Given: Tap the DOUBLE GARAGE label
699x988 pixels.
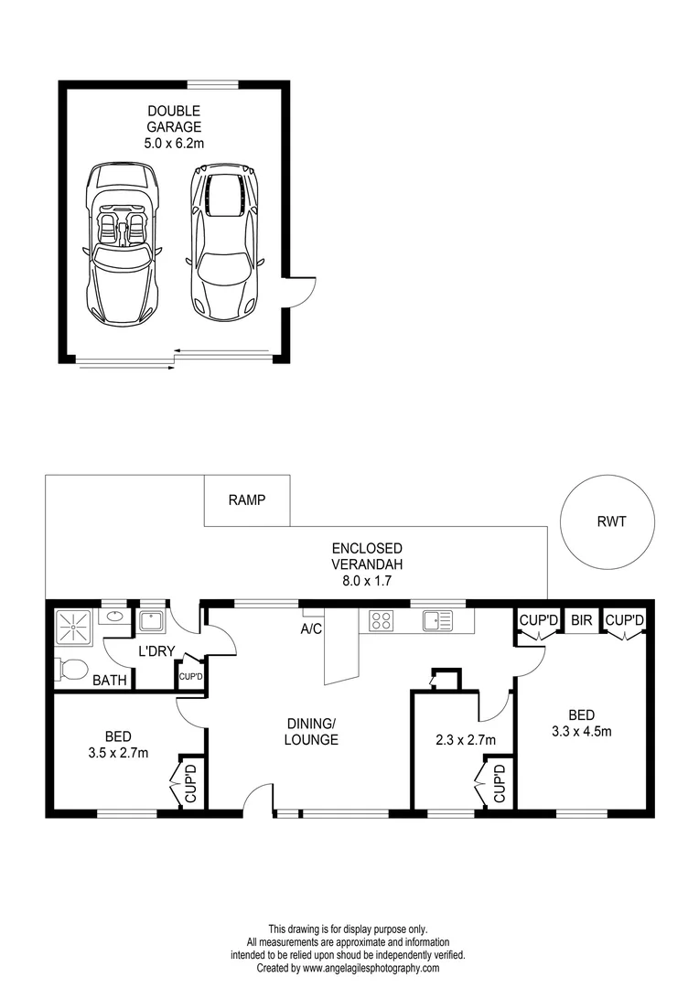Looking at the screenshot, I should click(174, 126).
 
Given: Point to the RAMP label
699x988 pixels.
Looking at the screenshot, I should click(246, 500).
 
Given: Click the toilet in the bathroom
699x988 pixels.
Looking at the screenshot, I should click(67, 670).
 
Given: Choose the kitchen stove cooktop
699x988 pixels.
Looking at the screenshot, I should click(382, 621).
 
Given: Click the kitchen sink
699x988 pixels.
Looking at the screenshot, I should click(436, 621).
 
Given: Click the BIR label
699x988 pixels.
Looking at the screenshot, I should click(582, 620).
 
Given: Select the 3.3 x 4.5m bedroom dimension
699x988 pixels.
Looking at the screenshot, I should click(582, 730).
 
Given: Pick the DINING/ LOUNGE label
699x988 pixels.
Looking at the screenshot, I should click(310, 732).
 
